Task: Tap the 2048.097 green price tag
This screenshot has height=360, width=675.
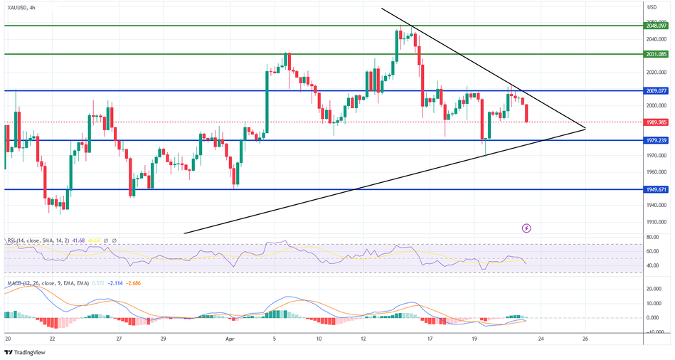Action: pyautogui.click(x=654, y=25)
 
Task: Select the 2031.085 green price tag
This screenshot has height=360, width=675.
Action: pyautogui.click(x=654, y=54)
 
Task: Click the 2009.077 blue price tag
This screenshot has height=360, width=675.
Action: pyautogui.click(x=654, y=91)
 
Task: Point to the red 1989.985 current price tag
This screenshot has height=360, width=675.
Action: pyautogui.click(x=654, y=122)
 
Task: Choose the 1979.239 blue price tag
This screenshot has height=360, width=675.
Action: pyautogui.click(x=654, y=140)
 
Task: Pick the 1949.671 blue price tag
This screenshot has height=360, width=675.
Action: pyautogui.click(x=654, y=190)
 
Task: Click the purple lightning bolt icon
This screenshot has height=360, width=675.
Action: pyautogui.click(x=526, y=228)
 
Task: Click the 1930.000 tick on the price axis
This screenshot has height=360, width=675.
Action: pyautogui.click(x=655, y=222)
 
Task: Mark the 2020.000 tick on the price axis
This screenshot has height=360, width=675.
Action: pyautogui.click(x=655, y=73)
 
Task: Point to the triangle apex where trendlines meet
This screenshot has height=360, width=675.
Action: pyautogui.click(x=585, y=128)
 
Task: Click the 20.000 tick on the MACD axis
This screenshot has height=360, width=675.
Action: pyautogui.click(x=655, y=290)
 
